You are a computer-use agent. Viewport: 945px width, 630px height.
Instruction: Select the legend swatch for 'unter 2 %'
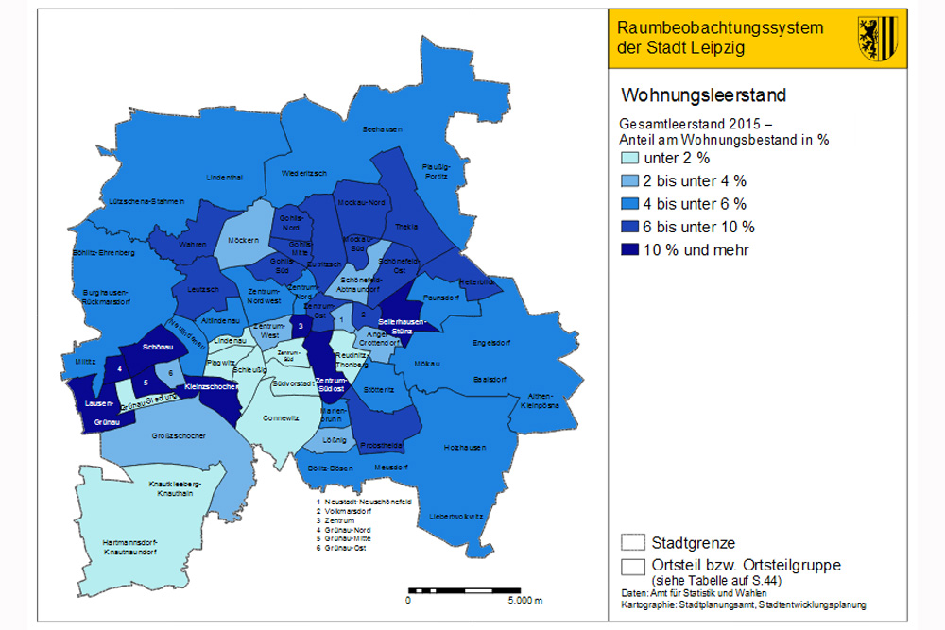[630, 159]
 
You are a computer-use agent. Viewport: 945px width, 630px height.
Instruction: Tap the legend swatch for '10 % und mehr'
[630, 249]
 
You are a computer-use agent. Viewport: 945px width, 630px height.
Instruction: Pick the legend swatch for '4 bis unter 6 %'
[630, 204]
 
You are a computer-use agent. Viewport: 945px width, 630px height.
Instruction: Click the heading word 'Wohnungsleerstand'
[703, 96]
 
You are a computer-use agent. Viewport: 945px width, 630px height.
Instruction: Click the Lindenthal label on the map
[224, 177]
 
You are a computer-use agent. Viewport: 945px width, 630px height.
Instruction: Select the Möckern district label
[244, 241]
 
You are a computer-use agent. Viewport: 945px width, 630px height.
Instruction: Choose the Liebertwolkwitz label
[456, 517]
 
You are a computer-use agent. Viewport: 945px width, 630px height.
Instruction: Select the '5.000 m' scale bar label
[524, 601]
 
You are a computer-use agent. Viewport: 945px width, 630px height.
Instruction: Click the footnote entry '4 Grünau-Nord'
[345, 532]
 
